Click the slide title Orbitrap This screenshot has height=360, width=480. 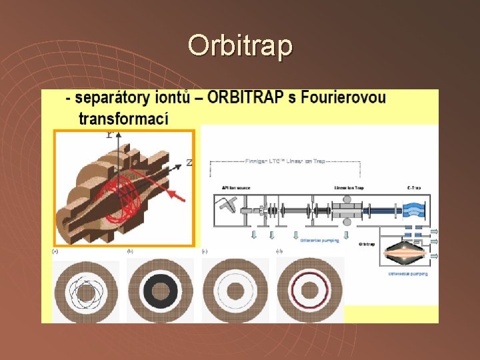click(x=240, y=45)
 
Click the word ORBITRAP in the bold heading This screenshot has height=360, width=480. click(x=247, y=98)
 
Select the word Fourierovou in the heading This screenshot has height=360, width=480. click(x=343, y=98)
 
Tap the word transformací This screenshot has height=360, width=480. click(x=123, y=119)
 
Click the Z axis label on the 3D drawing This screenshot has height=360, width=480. click(x=189, y=162)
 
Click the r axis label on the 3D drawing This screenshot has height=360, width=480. click(x=109, y=134)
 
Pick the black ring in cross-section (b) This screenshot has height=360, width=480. click(x=160, y=291)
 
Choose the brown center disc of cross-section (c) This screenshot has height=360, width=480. click(x=235, y=291)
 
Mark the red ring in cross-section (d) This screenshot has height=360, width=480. click(x=309, y=291)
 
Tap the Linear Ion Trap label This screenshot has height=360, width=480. click(x=348, y=188)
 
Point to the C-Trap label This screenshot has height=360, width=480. click(x=413, y=188)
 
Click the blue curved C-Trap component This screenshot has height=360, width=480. click(x=413, y=207)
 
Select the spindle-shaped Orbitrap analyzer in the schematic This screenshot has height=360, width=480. click(x=408, y=251)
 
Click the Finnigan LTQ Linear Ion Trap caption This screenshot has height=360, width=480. click(x=285, y=161)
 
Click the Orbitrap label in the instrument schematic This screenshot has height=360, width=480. click(x=367, y=244)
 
